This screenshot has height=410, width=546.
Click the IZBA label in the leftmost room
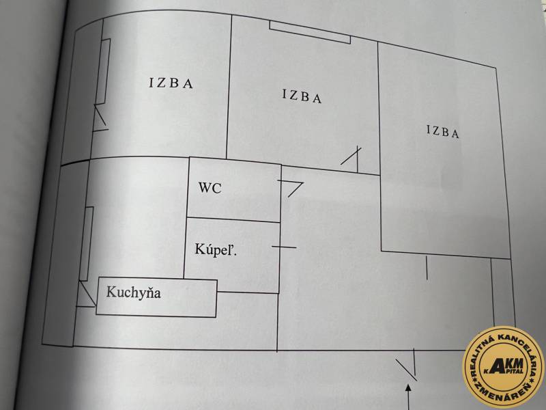pyautogui.click(x=171, y=84)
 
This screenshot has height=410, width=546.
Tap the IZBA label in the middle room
pyautogui.click(x=301, y=96)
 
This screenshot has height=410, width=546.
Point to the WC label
pyautogui.click(x=210, y=189)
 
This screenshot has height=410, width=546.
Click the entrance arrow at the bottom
pyautogui.click(x=409, y=396)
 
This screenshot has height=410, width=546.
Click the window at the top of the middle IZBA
pyautogui.click(x=310, y=33)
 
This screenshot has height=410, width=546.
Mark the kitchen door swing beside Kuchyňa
pyautogui.click(x=85, y=295)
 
